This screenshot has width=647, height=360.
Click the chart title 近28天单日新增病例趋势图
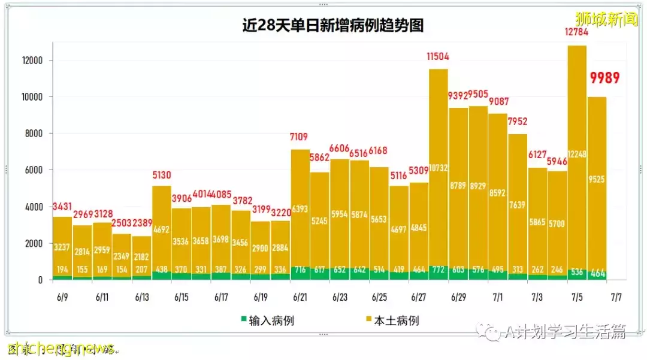click(332, 25)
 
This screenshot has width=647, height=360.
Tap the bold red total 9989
click(604, 78)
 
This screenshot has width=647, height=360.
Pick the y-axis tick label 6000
click(32, 170)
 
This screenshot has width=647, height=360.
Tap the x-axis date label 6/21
click(301, 297)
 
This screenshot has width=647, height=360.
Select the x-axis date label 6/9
click(62, 297)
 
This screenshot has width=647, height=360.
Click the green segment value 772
click(439, 270)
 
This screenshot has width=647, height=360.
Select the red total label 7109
click(300, 138)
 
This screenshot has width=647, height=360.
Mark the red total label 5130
click(162, 175)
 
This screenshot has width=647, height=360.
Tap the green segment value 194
click(62, 270)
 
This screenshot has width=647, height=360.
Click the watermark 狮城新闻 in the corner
click(606, 20)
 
